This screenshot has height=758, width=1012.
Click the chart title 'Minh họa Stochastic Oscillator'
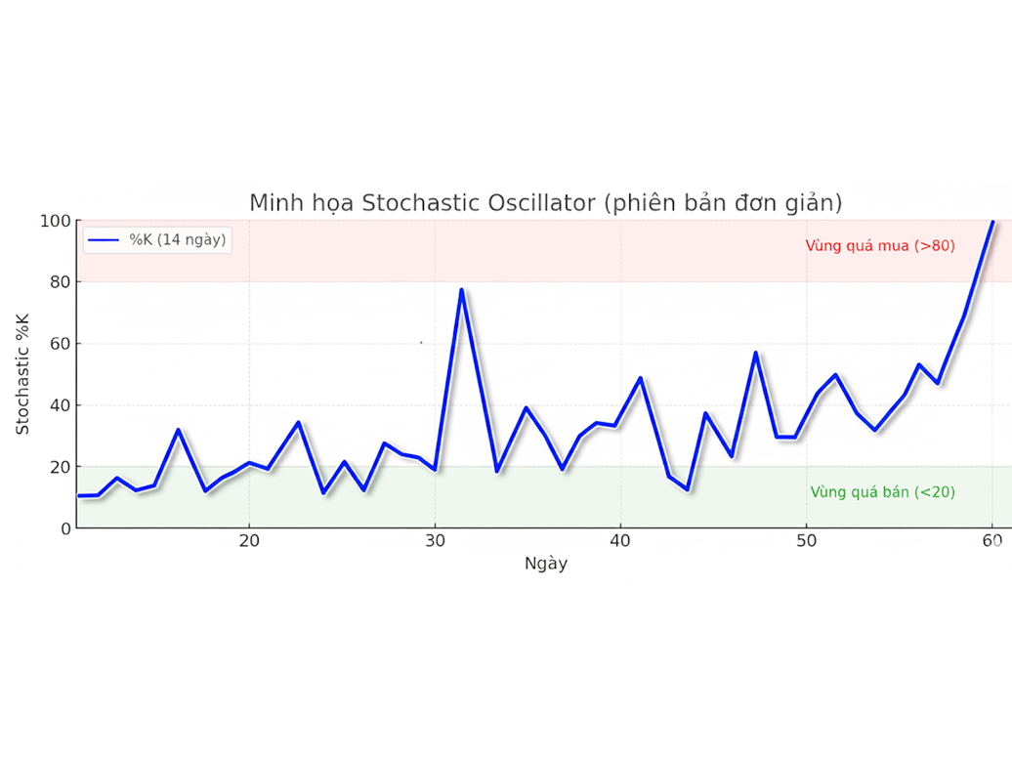click(545, 202)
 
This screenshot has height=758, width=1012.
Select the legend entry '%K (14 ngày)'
click(180, 239)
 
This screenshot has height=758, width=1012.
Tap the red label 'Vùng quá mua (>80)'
click(880, 246)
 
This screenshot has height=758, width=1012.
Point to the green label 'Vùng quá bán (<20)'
click(882, 492)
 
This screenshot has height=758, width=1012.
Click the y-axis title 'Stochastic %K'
click(23, 374)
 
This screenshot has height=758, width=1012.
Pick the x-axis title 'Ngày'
click(545, 564)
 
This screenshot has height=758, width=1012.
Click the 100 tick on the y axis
click(56, 221)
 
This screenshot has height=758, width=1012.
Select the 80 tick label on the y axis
click(60, 282)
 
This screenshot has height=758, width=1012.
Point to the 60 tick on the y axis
click(60, 344)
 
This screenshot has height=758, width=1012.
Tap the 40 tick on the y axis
click(60, 405)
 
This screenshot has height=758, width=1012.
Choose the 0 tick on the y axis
click(65, 528)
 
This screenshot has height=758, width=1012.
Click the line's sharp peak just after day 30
click(461, 290)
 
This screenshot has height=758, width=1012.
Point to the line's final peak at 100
click(992, 222)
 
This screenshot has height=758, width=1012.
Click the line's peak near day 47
click(755, 353)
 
